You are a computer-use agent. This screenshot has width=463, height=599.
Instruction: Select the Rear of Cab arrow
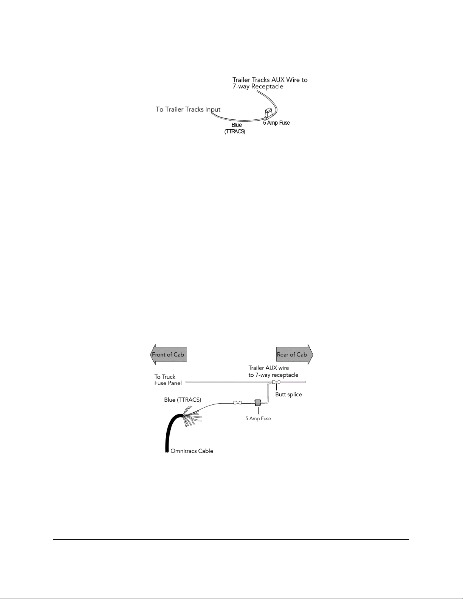click(294, 354)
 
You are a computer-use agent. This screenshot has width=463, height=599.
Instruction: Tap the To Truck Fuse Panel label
click(168, 380)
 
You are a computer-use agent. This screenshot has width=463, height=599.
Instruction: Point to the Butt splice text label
click(288, 395)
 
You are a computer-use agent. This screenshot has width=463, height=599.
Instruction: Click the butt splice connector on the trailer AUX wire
click(276, 382)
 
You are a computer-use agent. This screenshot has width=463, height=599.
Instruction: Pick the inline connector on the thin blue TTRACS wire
click(237, 403)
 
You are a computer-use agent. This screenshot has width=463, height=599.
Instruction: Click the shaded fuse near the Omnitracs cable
click(258, 403)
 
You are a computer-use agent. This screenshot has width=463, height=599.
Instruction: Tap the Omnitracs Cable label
click(192, 451)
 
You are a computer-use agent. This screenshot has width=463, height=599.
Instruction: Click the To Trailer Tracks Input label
click(188, 110)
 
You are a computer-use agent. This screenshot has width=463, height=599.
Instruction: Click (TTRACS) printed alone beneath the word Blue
click(235, 132)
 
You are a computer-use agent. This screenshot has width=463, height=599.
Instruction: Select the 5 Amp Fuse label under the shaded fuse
click(258, 418)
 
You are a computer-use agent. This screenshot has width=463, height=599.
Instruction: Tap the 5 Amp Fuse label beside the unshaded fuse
click(276, 123)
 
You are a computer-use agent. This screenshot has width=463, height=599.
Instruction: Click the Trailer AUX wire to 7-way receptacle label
click(273, 371)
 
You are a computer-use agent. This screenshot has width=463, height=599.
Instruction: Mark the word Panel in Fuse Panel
click(175, 383)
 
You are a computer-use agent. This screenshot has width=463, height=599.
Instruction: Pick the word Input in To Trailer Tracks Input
click(212, 110)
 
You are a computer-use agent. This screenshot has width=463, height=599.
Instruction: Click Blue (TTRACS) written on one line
click(183, 400)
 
